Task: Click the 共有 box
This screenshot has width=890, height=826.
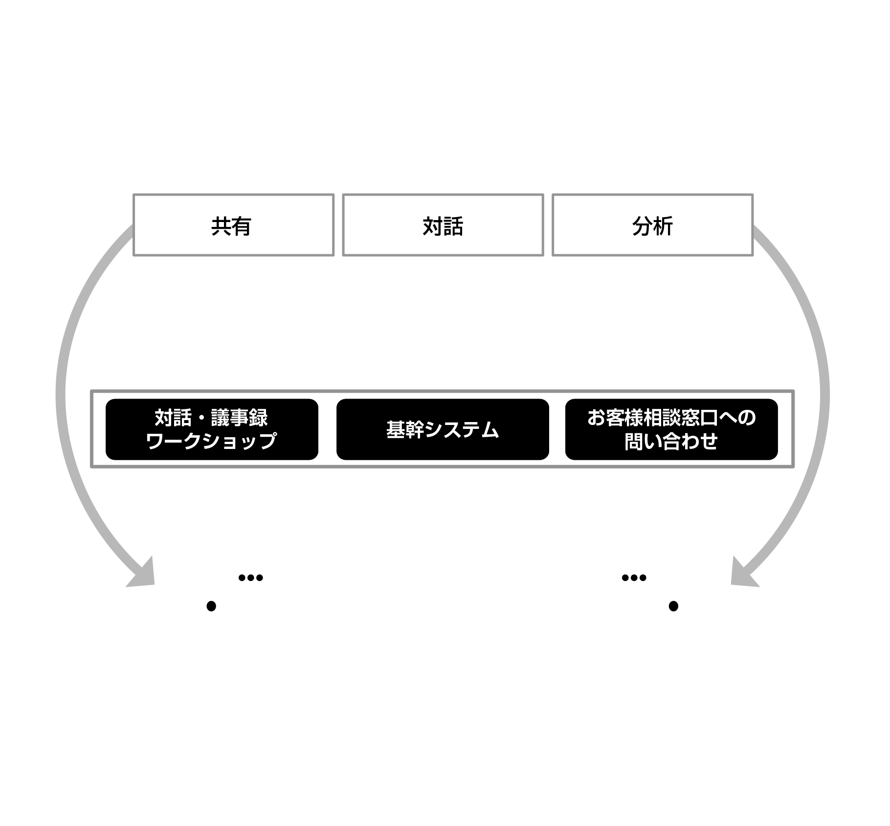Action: [x=233, y=225]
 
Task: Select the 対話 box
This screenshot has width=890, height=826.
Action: [x=443, y=225]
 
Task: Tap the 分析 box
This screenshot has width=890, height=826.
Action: [x=652, y=225]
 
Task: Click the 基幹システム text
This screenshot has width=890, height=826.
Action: [x=442, y=430]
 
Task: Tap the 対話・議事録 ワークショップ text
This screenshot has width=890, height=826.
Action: [x=211, y=429]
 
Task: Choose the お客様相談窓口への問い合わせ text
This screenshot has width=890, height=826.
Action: [x=671, y=429]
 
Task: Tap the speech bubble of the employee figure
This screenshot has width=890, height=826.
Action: [x=250, y=578]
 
